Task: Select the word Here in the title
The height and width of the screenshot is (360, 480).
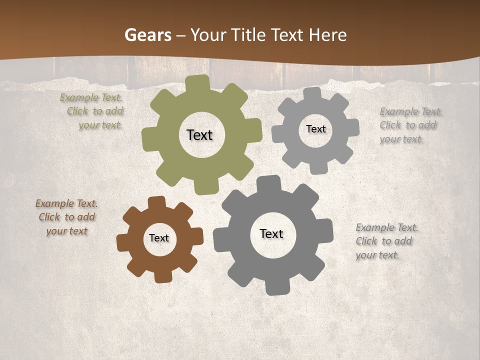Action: pyautogui.click(x=327, y=35)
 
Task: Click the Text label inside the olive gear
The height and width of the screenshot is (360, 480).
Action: pyautogui.click(x=199, y=135)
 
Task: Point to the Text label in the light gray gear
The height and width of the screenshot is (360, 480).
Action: pyautogui.click(x=315, y=129)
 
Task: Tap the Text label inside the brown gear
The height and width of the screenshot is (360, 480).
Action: pyautogui.click(x=159, y=238)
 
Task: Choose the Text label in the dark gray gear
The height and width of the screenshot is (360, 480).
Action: pyautogui.click(x=271, y=233)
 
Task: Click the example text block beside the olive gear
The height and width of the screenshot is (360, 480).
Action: pyautogui.click(x=92, y=111)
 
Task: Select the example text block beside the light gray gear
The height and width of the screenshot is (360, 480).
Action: pyautogui.click(x=410, y=125)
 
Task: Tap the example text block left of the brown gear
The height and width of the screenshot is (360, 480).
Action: pyautogui.click(x=66, y=217)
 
